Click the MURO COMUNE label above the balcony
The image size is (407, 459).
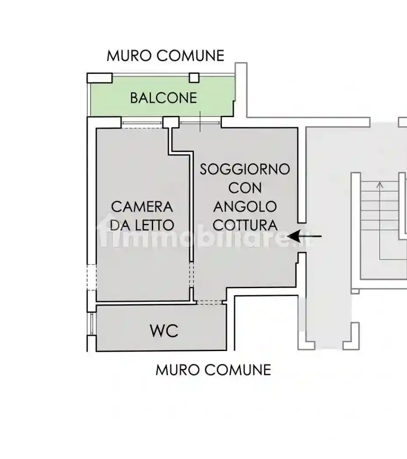pos(165,56)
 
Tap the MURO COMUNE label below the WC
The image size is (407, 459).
pos(213,370)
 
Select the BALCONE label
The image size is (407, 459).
pos(163,98)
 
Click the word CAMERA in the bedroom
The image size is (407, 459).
pos(142,206)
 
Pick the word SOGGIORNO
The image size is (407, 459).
pos(245,169)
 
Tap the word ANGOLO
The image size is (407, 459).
pos(245,206)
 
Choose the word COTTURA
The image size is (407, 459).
pos(245,225)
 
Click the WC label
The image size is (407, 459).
pos(164,331)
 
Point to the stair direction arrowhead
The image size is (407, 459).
pos(380,185)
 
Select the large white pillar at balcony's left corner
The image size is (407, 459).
pos(99,78)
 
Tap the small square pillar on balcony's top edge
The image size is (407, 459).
pos(194,78)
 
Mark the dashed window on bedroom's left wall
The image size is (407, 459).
pos(91,277)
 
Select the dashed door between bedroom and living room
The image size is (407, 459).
pos(191,274)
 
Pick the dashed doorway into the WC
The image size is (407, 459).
pos(208,302)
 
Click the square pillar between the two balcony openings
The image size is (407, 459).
pos(171,122)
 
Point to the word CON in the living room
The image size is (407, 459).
pos(245,188)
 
